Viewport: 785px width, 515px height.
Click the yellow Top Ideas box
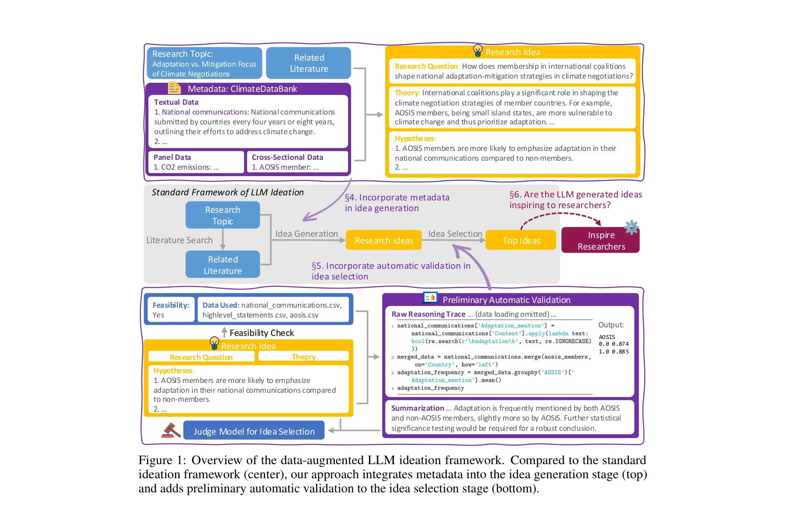pos(521,240)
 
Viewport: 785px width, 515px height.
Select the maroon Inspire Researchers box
pos(600,241)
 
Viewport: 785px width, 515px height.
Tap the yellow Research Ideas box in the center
pos(384,240)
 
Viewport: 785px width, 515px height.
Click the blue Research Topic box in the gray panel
pos(222,215)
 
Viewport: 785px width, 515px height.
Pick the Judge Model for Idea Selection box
pos(254,431)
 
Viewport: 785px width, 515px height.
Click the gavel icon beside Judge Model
pos(171,430)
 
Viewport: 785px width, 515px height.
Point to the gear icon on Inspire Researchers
pos(632,227)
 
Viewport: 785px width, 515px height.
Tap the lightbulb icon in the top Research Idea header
pos(478,51)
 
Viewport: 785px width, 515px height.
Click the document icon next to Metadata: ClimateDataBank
pos(174,88)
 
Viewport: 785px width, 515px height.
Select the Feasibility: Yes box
pos(170,310)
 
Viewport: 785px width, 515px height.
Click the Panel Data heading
pos(172,157)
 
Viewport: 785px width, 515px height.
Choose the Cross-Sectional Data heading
pos(287,157)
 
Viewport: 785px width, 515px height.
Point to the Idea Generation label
pos(307,234)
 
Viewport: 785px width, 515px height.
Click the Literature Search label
pos(179,240)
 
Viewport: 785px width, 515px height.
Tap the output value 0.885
pos(620,352)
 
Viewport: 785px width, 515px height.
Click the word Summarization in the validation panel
pos(417,408)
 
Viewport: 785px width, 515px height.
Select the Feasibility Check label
pos(262,333)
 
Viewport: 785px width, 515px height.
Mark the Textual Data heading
pos(176,102)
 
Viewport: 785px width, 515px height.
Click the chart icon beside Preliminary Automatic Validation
pos(430,297)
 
